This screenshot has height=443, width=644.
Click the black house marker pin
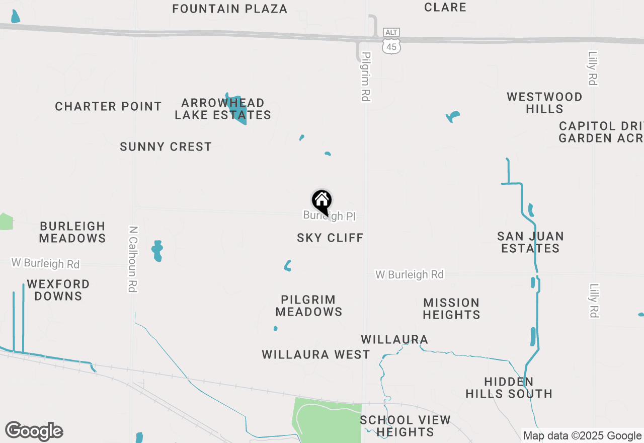(322, 202)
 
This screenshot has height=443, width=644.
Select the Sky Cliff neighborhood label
(330, 238)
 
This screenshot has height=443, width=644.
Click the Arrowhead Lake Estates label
(223, 109)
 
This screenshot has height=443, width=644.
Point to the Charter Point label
(108, 107)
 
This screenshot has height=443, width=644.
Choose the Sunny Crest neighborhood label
(166, 147)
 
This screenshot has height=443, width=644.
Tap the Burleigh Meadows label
(72, 232)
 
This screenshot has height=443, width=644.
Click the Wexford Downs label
(58, 290)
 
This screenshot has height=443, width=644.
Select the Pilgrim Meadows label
(309, 306)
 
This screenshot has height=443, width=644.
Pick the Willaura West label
(316, 354)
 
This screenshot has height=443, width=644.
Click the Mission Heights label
(451, 309)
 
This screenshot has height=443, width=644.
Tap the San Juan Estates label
(530, 242)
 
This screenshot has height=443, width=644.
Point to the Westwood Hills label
(544, 103)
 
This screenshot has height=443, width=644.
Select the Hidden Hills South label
(509, 388)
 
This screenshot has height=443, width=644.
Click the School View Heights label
(405, 426)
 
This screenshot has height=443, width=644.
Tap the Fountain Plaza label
(229, 9)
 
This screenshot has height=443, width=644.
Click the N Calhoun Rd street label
(133, 258)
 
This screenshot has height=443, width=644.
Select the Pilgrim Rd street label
(366, 77)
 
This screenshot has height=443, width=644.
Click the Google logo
(34, 431)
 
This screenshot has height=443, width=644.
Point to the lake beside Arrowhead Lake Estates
(236, 110)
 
